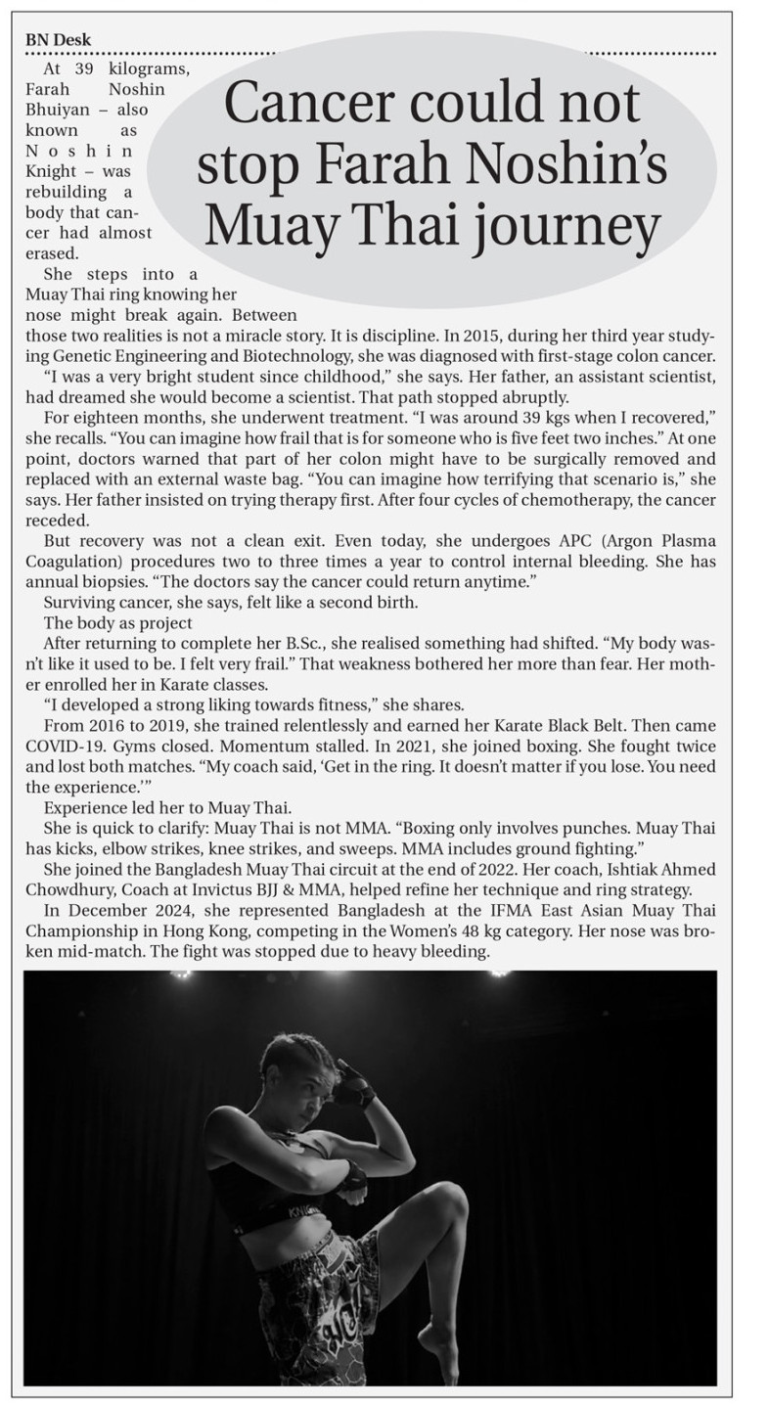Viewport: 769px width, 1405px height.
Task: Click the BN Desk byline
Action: [x=58, y=40]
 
